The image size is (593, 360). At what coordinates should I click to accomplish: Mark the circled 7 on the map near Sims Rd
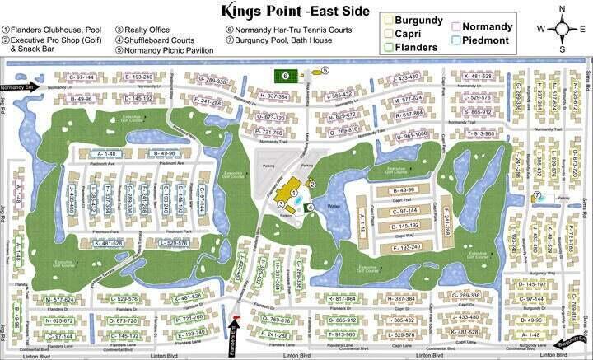coord(536,195)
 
